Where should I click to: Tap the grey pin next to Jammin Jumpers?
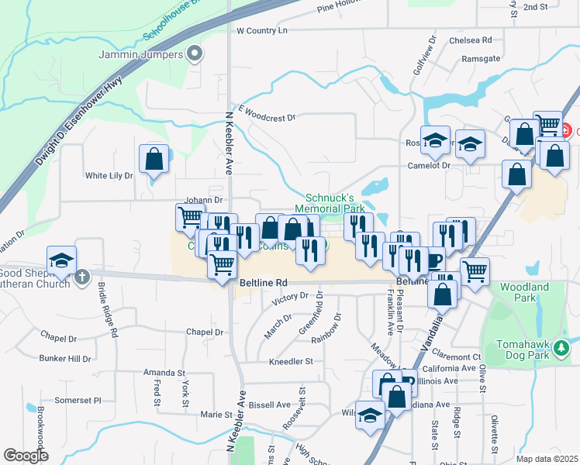pyautogui.click(x=195, y=54)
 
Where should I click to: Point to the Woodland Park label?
pyautogui.click(x=524, y=292)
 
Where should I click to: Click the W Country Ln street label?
pyautogui.click(x=261, y=30)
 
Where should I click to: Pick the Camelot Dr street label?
pyautogui.click(x=429, y=166)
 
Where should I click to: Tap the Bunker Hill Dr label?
pyautogui.click(x=65, y=359)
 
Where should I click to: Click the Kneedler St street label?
pyautogui.click(x=290, y=361)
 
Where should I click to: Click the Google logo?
pyautogui.click(x=26, y=456)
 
